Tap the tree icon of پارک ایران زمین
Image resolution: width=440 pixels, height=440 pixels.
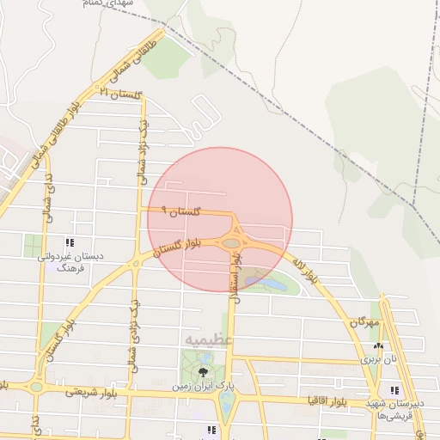pyautogui.click(x=203, y=371)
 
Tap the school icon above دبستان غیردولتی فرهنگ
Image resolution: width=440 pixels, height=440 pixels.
pyautogui.click(x=69, y=242)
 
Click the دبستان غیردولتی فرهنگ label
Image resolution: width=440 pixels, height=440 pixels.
pyautogui.click(x=66, y=261)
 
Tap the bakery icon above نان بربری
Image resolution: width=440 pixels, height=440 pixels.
pyautogui.click(x=375, y=345)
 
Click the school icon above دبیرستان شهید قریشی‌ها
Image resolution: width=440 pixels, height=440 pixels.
pyautogui.click(x=394, y=391)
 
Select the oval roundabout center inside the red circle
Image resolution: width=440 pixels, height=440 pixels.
pyautogui.click(x=231, y=244)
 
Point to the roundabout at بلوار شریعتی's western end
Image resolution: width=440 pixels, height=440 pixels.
pyautogui.click(x=36, y=386)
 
